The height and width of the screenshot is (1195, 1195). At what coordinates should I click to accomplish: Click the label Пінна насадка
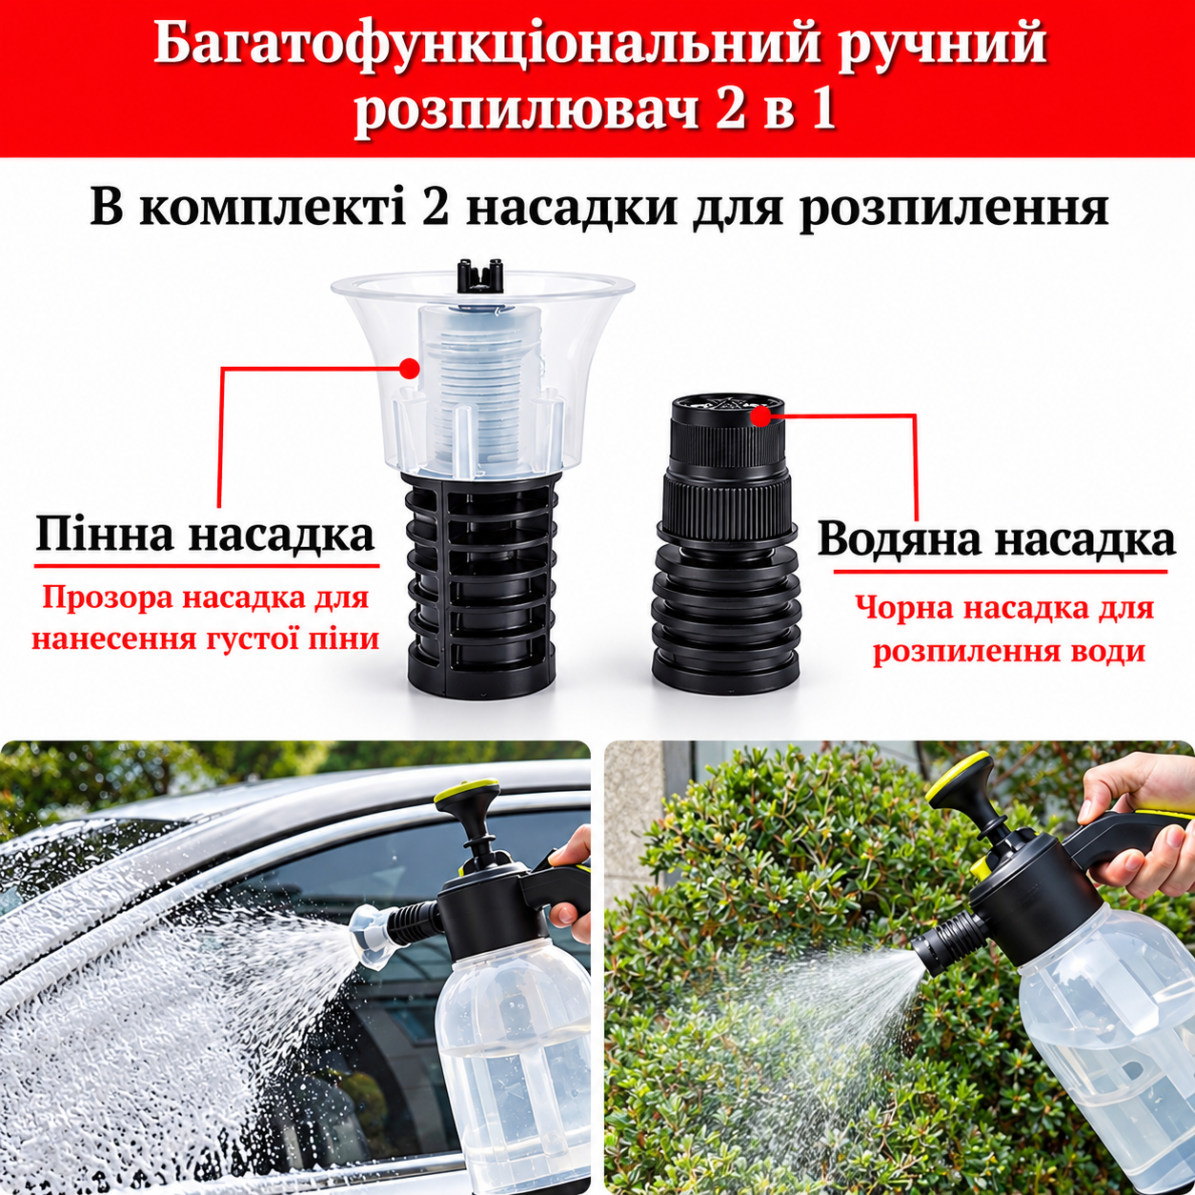tap(205, 535)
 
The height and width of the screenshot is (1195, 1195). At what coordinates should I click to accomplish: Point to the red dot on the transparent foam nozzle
tap(409, 369)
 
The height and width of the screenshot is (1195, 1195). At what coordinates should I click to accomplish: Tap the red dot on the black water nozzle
tap(760, 415)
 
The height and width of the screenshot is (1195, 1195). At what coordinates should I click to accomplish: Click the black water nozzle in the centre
tap(726, 546)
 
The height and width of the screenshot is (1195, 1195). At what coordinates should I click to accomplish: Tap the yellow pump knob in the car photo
tap(467, 792)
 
